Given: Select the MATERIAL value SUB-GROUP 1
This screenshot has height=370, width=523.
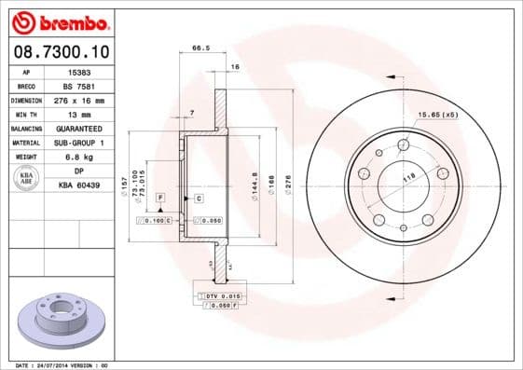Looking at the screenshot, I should click(x=79, y=142).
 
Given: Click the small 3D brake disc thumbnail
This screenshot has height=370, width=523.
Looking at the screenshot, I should click(x=62, y=322).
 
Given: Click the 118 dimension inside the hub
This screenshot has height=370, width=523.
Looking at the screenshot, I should click(x=407, y=176).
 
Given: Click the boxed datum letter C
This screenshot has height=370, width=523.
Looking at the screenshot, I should click(x=199, y=199).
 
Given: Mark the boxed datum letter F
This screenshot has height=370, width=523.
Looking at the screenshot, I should click(x=160, y=199).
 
